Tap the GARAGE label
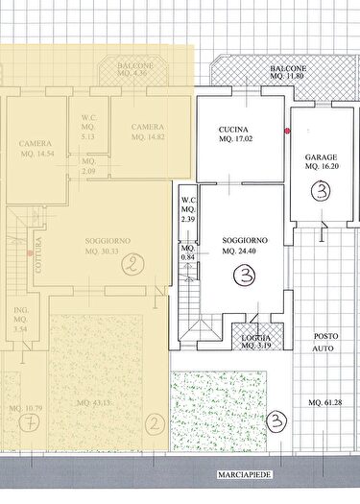(x=321, y=156)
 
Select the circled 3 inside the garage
(x=320, y=191)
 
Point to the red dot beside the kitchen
(x=287, y=131)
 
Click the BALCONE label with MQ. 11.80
(x=288, y=70)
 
